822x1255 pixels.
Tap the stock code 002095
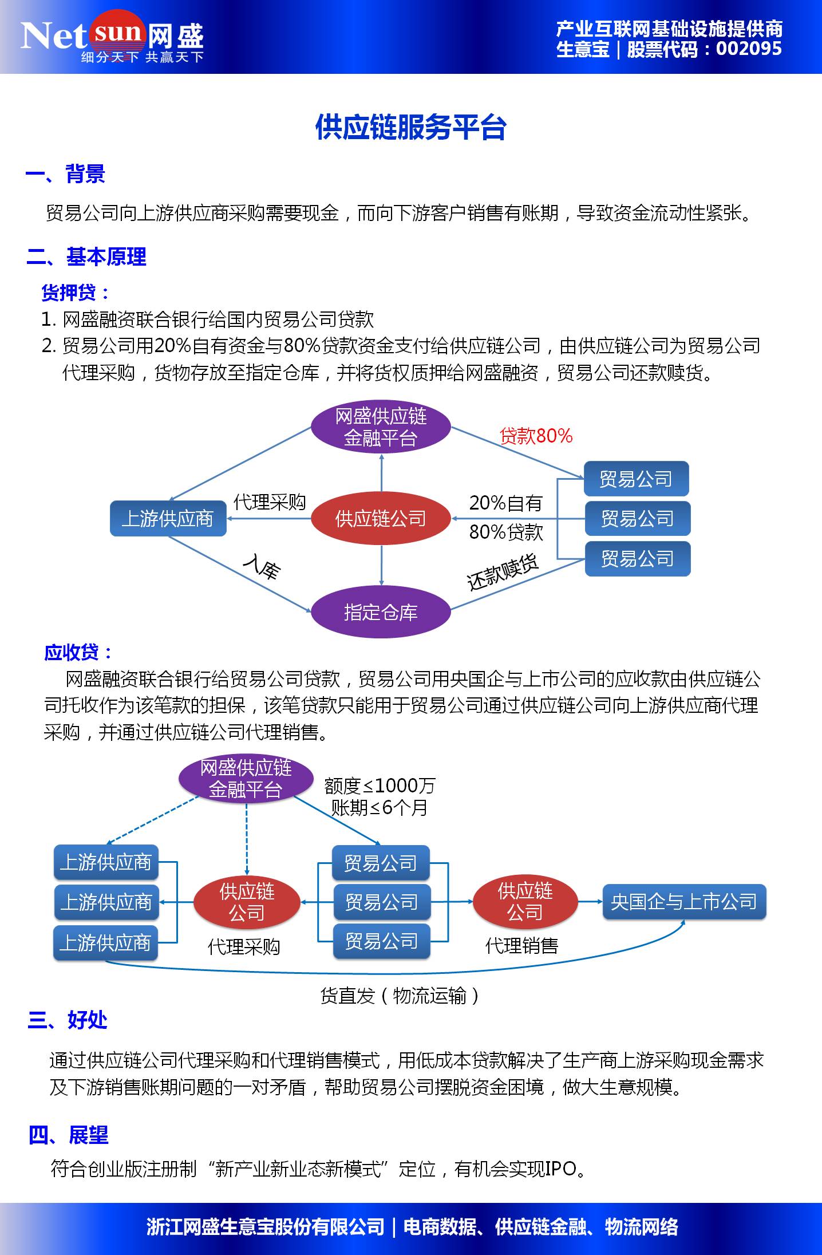tap(748, 49)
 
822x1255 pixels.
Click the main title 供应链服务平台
tap(410, 127)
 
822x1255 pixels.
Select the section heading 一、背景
tap(65, 174)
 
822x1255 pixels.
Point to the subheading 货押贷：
tap(76, 293)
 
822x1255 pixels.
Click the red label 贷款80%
tap(536, 436)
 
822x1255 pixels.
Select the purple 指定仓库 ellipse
tap(381, 612)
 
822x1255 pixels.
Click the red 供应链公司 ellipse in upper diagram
tap(381, 519)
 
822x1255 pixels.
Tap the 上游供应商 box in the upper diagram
tap(168, 519)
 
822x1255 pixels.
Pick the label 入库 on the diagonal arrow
tap(262, 567)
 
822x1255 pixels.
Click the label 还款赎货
tap(503, 573)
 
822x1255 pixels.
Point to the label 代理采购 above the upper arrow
tap(269, 502)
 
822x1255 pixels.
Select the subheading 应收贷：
tap(78, 652)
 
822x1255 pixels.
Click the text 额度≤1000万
tap(380, 786)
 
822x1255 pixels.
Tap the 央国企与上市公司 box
tap(684, 902)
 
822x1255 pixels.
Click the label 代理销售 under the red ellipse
tap(521, 946)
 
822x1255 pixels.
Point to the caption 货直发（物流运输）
tap(400, 996)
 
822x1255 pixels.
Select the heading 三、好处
tap(68, 1020)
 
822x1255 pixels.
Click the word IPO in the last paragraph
tap(560, 1169)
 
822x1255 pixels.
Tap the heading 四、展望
tap(69, 1134)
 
